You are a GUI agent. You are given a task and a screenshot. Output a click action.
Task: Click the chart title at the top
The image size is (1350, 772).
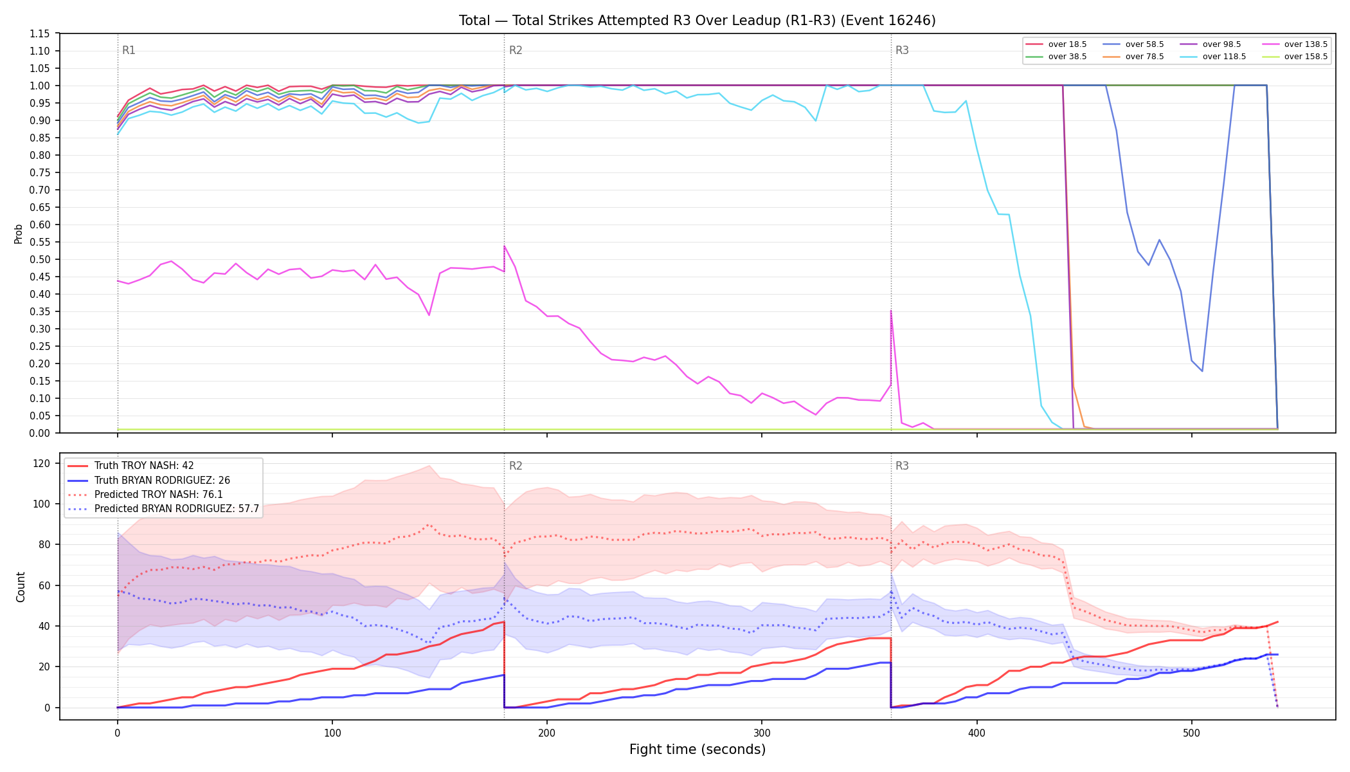697,21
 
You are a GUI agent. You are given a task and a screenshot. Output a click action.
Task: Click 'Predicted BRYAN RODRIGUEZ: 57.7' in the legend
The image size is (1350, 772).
163,509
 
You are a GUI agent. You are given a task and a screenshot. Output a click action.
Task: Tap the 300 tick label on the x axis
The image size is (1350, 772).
762,733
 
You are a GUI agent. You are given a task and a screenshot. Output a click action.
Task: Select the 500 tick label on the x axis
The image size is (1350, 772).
1191,733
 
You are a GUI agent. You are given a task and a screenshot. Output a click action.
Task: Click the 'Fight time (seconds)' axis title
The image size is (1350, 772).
697,749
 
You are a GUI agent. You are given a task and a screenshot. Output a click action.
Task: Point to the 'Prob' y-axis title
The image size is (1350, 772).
19,234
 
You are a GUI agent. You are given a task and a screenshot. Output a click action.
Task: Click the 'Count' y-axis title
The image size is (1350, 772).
21,587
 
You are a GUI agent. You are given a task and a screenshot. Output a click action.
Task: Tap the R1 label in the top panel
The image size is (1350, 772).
129,50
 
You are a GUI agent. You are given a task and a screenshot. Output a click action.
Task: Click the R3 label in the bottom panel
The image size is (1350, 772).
902,466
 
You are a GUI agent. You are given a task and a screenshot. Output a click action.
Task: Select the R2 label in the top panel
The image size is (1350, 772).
516,50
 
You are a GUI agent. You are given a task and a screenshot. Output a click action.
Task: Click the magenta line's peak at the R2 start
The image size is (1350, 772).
505,246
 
